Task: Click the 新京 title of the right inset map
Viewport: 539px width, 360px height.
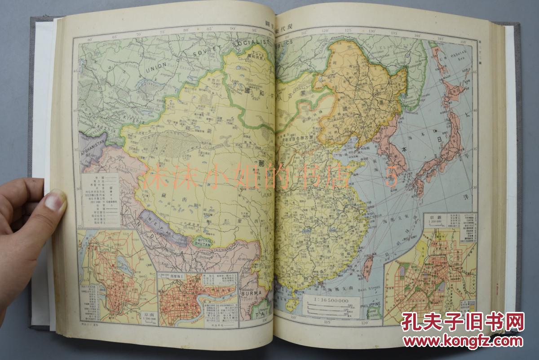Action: coord(433,218)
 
